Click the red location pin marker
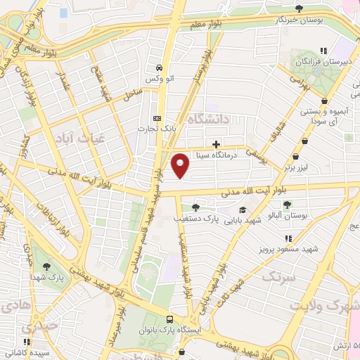[x=181, y=166]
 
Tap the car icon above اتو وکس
[x=160, y=69]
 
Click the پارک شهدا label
[x=46, y=278]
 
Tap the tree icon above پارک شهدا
[x=46, y=266]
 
